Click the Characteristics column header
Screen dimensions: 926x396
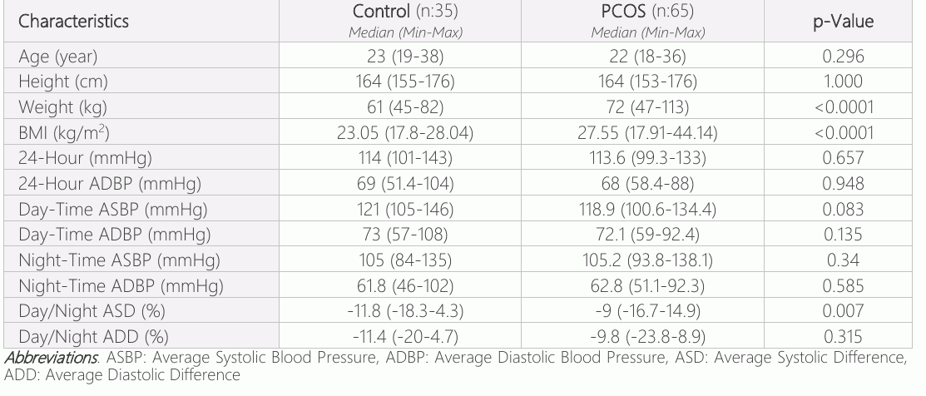click(73, 22)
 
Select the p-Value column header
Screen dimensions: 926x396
click(843, 22)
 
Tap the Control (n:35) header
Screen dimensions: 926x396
click(405, 11)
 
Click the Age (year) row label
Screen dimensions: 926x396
click(58, 57)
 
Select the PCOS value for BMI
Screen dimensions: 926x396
click(647, 133)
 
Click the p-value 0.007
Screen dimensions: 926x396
click(843, 311)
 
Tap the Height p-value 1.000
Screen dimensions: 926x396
click(843, 82)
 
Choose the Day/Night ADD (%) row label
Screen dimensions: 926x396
click(93, 337)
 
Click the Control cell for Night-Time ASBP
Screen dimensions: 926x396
click(405, 260)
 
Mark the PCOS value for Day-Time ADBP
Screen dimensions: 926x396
click(647, 235)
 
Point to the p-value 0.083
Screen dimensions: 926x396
click(843, 210)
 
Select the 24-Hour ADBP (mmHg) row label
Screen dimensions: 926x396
click(110, 184)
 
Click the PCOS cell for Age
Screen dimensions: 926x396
click(647, 57)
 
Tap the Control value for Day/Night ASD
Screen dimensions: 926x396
click(405, 311)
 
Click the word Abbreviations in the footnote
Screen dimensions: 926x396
click(51, 358)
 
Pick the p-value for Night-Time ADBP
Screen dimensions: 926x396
click(843, 286)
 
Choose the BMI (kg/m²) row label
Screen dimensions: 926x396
click(64, 133)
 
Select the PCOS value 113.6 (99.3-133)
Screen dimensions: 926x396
click(647, 158)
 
